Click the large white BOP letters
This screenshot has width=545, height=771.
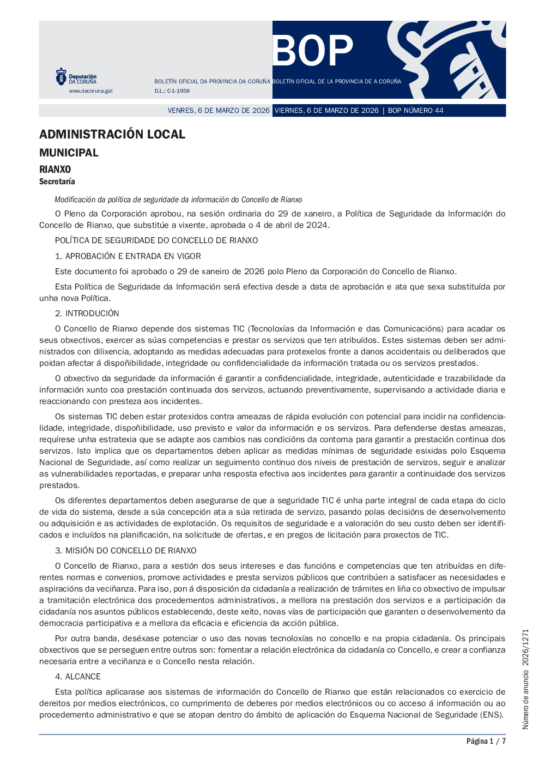point(313,51)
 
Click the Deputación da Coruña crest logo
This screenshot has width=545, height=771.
point(61,76)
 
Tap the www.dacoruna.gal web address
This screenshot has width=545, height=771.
point(90,91)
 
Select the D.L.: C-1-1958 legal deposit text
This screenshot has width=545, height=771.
point(172,91)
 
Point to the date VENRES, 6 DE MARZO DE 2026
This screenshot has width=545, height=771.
point(219,111)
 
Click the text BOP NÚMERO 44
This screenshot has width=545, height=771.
point(415,111)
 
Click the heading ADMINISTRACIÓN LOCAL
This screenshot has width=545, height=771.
point(112,134)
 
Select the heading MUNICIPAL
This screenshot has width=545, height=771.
point(69,153)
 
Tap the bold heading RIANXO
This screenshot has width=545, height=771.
point(55,170)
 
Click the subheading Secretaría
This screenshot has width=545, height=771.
point(57,182)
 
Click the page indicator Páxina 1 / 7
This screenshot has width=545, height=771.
point(486,741)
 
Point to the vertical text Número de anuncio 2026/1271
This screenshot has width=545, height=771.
point(525,679)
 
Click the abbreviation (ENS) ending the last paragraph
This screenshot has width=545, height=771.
point(492,715)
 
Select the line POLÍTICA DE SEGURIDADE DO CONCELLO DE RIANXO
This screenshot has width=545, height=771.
point(156,240)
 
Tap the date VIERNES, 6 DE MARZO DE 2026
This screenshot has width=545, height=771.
point(326,111)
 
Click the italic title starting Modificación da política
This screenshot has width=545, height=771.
point(178,200)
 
